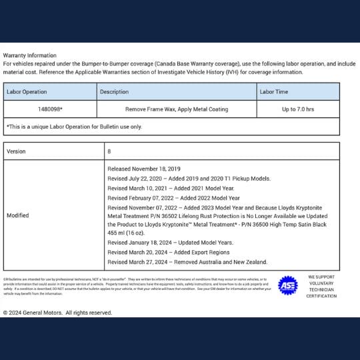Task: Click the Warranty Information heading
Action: pos(30,55)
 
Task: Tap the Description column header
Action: pos(114,91)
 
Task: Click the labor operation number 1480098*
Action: pos(51,109)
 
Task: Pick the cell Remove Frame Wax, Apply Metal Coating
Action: pos(177,109)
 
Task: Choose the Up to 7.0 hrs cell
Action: pos(298,109)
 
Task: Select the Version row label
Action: pos(16,151)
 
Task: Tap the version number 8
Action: pos(109,151)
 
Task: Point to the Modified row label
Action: pos(17,216)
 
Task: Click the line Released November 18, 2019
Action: pos(144,169)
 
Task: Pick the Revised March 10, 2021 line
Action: pos(158,189)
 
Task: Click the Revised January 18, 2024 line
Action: pos(170,243)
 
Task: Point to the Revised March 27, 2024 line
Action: pos(187,262)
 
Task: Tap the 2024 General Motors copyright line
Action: pos(57,312)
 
